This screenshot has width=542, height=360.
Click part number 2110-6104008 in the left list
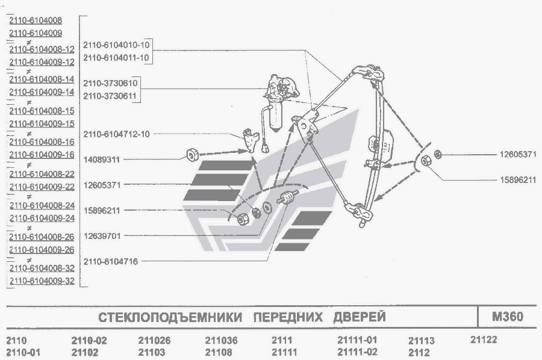[x=36, y=20]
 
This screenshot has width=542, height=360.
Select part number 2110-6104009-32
[x=42, y=281]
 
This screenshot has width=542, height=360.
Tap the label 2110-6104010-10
[x=116, y=45]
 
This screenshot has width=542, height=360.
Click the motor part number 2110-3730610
[x=110, y=83]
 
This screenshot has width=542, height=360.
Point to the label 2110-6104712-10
[x=116, y=134]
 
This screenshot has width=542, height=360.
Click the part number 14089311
[x=102, y=160]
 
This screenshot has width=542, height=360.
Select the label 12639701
[x=102, y=236]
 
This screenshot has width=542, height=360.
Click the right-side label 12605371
[x=518, y=155]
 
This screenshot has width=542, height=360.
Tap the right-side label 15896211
[x=518, y=180]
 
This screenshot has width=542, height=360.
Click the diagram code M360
[x=508, y=317]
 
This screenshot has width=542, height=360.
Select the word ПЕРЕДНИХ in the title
[x=288, y=317]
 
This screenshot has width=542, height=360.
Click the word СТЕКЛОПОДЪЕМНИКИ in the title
[x=170, y=317]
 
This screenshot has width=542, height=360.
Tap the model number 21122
[x=484, y=340]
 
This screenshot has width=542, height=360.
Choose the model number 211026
[x=154, y=340]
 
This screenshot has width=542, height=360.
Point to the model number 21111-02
[x=357, y=352]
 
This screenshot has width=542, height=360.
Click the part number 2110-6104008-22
[x=42, y=174]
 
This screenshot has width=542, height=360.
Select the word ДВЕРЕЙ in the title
[x=360, y=317]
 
